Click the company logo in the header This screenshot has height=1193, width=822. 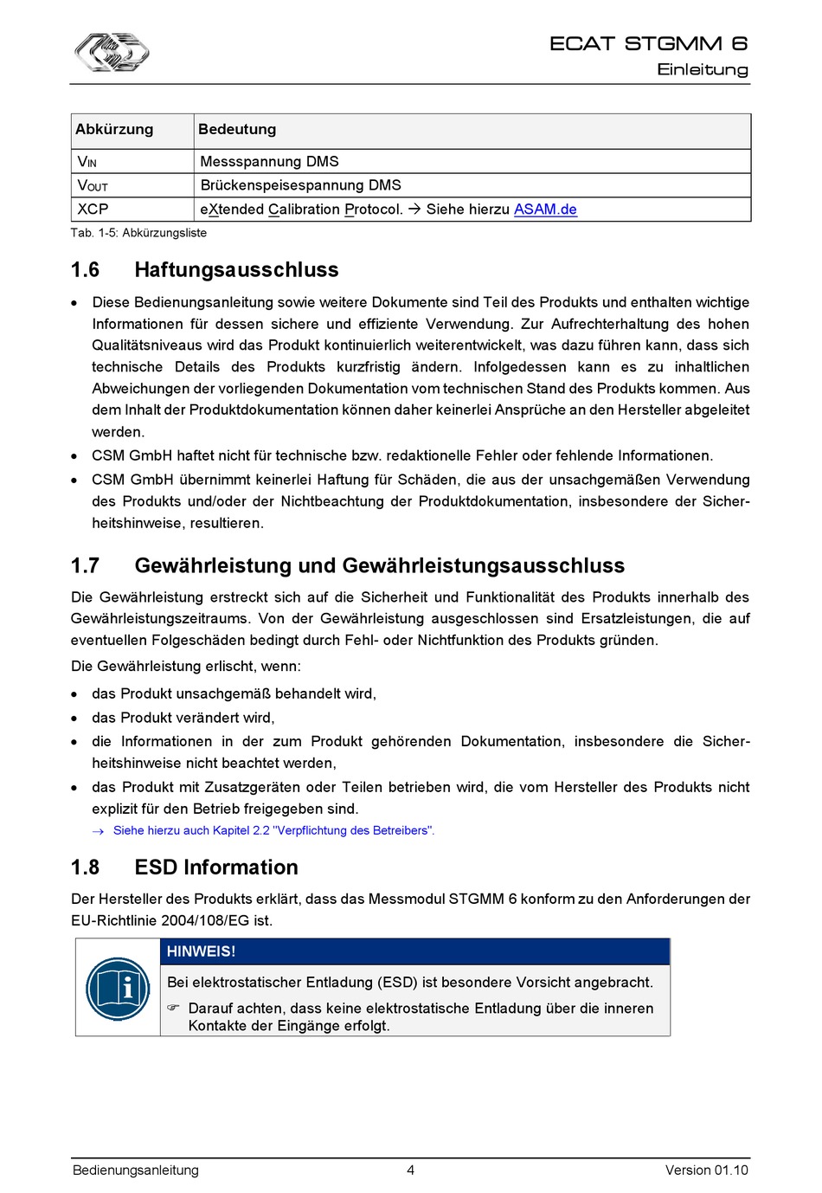tap(112, 52)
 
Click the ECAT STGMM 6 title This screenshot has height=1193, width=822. tap(648, 43)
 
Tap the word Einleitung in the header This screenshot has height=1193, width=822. tap(702, 69)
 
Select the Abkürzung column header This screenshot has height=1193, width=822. tap(114, 129)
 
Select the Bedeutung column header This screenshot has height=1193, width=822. tap(237, 129)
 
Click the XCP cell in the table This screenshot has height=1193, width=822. tap(93, 209)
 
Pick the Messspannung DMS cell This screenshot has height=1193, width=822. tap(269, 161)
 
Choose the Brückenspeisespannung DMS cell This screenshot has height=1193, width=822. tap(300, 184)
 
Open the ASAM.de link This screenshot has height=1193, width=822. tap(545, 209)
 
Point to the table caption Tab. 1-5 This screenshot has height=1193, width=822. tap(138, 232)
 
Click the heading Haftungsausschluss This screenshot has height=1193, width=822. tap(236, 269)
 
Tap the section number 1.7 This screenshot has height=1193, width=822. tap(85, 565)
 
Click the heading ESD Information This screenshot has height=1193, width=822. tap(216, 867)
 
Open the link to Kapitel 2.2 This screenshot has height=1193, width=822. tap(273, 830)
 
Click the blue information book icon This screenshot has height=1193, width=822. tap(118, 988)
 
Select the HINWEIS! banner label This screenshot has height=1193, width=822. tap(202, 951)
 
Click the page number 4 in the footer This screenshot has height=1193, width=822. tap(410, 1170)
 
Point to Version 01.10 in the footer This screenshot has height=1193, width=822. tap(706, 1170)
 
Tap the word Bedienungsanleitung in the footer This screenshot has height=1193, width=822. tap(136, 1170)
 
